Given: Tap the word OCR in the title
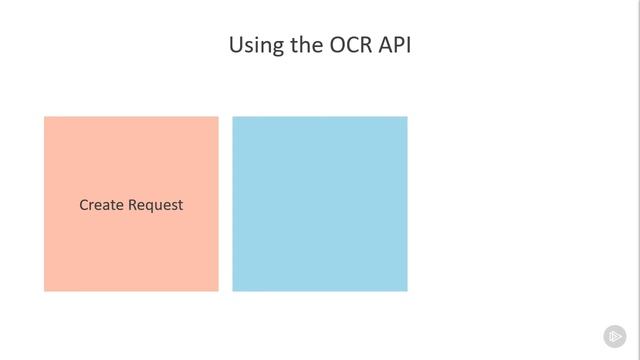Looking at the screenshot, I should (x=350, y=45).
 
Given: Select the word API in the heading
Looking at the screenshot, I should (x=394, y=45).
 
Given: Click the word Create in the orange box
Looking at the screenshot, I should (x=101, y=205).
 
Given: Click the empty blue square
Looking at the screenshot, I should (x=320, y=204).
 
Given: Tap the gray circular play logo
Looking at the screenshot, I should (x=614, y=336).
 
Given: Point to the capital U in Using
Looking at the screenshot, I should (x=236, y=45).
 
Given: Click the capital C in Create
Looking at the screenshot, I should (x=84, y=205).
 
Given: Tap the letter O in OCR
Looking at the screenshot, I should (x=336, y=45).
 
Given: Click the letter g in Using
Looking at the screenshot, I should (x=277, y=48).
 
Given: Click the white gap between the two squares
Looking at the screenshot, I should (x=225, y=204).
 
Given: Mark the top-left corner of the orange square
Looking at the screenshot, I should (x=45, y=118).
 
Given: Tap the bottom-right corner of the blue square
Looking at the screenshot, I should (x=406, y=290).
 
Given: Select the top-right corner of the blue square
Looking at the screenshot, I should (x=406, y=118).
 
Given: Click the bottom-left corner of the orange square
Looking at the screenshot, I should (x=45, y=290).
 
